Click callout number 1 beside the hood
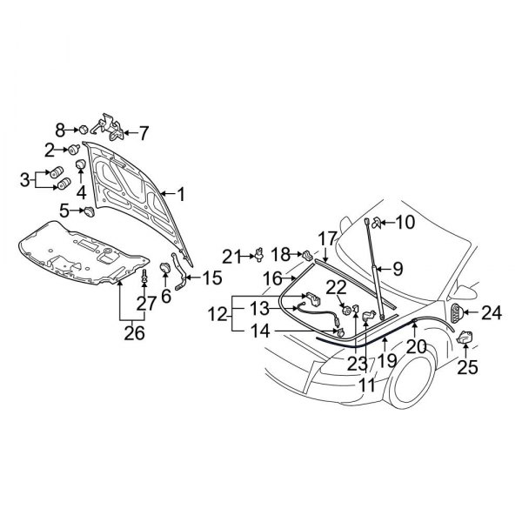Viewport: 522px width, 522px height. (x=181, y=194)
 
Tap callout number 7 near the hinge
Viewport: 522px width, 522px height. (x=144, y=133)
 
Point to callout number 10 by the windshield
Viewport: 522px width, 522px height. (x=405, y=222)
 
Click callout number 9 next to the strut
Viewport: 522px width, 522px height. (x=397, y=269)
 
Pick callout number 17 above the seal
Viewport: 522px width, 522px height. (x=326, y=238)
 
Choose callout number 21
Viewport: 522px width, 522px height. (x=230, y=256)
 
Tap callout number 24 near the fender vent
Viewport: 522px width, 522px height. (x=492, y=313)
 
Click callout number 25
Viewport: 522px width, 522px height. (x=467, y=367)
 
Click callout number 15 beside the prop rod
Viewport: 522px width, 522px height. (x=211, y=278)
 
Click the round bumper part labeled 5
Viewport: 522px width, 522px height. (x=89, y=211)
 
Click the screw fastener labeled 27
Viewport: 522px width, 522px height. (x=143, y=281)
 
